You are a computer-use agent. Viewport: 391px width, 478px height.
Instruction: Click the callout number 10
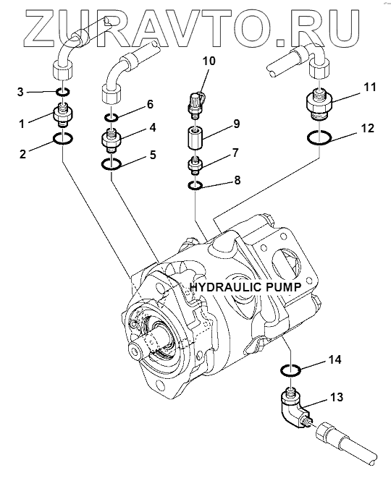[x=209, y=61]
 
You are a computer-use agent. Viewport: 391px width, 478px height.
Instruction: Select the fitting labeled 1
[x=63, y=115]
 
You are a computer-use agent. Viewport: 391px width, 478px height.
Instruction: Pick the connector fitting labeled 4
[x=111, y=140]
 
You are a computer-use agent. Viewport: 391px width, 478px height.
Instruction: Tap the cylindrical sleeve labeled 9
[x=195, y=138]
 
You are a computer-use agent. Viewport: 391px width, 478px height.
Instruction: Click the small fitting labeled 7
[x=195, y=165]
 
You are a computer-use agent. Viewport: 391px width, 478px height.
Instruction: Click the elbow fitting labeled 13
[x=293, y=406]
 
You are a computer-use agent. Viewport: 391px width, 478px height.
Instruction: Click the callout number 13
[x=336, y=397]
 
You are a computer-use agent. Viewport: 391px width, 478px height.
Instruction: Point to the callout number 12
[x=367, y=128]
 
